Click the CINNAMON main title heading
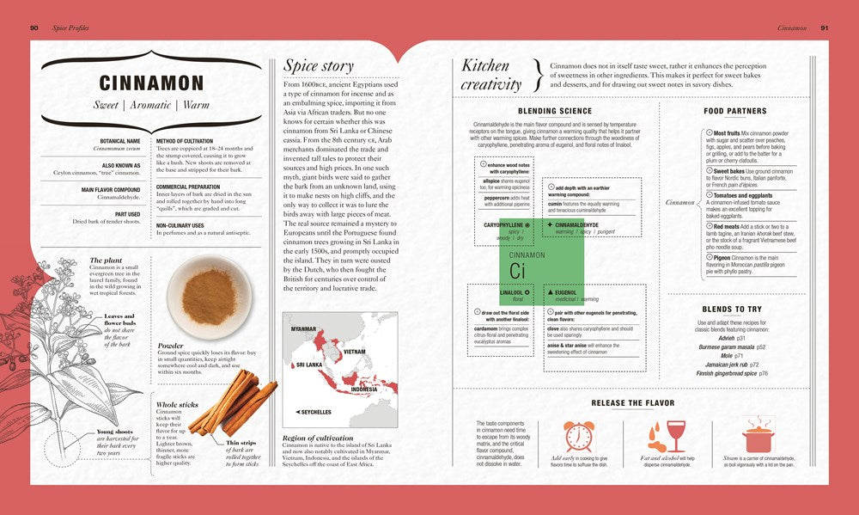(x=151, y=83)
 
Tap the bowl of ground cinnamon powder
(x=210, y=297)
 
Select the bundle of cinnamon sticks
(x=232, y=402)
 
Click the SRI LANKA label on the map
(x=310, y=365)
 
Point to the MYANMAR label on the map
(x=304, y=329)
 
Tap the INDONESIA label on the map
(x=364, y=389)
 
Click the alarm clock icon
(x=578, y=436)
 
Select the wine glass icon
(x=675, y=435)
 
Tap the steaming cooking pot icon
(x=758, y=436)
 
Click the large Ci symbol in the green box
(x=517, y=271)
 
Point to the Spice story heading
(x=318, y=65)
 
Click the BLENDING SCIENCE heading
(x=554, y=111)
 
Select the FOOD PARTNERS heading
(x=734, y=111)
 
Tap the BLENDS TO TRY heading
(x=731, y=309)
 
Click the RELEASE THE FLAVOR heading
(x=632, y=402)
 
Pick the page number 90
(x=34, y=28)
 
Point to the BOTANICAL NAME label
(x=121, y=140)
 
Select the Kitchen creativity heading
(x=491, y=75)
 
